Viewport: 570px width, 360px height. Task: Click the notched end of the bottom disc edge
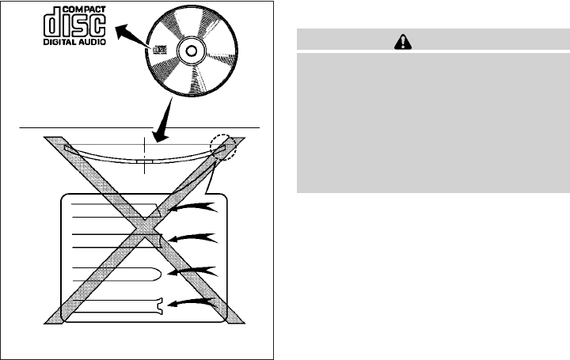point(161,305)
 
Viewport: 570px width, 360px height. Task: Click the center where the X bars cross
point(144,230)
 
